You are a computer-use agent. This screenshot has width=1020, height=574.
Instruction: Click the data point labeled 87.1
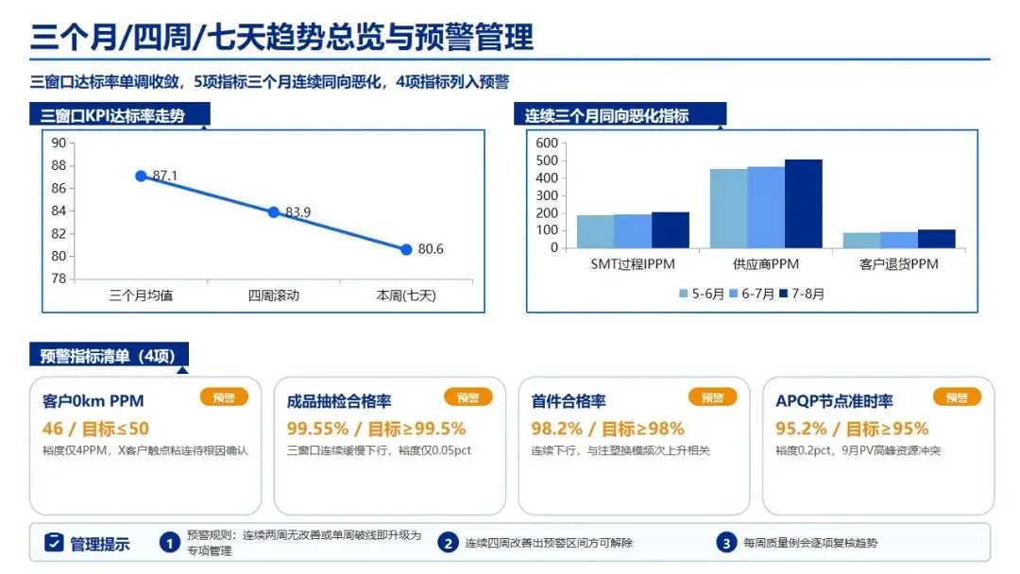pos(141,177)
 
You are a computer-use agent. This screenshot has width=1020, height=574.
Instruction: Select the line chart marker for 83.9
pos(274,212)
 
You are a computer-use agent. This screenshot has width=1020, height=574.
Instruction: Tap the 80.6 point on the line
pos(406,249)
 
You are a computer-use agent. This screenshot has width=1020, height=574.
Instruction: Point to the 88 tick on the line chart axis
pos(59,166)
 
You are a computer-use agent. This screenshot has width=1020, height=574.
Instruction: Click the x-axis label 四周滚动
pos(274,295)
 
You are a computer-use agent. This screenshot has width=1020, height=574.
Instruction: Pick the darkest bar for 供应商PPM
pos(804,204)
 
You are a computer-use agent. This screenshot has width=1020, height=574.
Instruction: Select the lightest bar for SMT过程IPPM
pos(595,231)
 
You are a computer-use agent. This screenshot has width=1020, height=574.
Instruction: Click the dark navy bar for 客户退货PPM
pos(937,239)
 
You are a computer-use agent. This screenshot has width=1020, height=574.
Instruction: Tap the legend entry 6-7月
pos(752,294)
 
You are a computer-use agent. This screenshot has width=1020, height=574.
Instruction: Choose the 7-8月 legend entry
pos(802,294)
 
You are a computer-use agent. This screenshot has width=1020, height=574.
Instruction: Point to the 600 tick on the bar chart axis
pos(547,143)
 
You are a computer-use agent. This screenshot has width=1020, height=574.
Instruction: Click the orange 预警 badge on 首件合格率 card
pos(712,397)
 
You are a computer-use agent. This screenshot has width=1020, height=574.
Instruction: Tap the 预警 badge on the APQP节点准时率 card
pos(957,397)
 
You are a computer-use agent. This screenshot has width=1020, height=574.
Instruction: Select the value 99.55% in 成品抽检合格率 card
pos(317,429)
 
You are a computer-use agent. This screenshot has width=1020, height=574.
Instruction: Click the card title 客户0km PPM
pos(93,401)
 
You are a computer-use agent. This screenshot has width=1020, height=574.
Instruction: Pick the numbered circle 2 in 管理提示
pos(448,543)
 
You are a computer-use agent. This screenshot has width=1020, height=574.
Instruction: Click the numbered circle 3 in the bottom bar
pos(726,543)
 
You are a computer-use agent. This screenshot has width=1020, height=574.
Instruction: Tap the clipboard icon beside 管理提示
pos(54,542)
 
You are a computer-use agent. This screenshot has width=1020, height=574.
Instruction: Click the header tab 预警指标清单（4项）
pos(109,356)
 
